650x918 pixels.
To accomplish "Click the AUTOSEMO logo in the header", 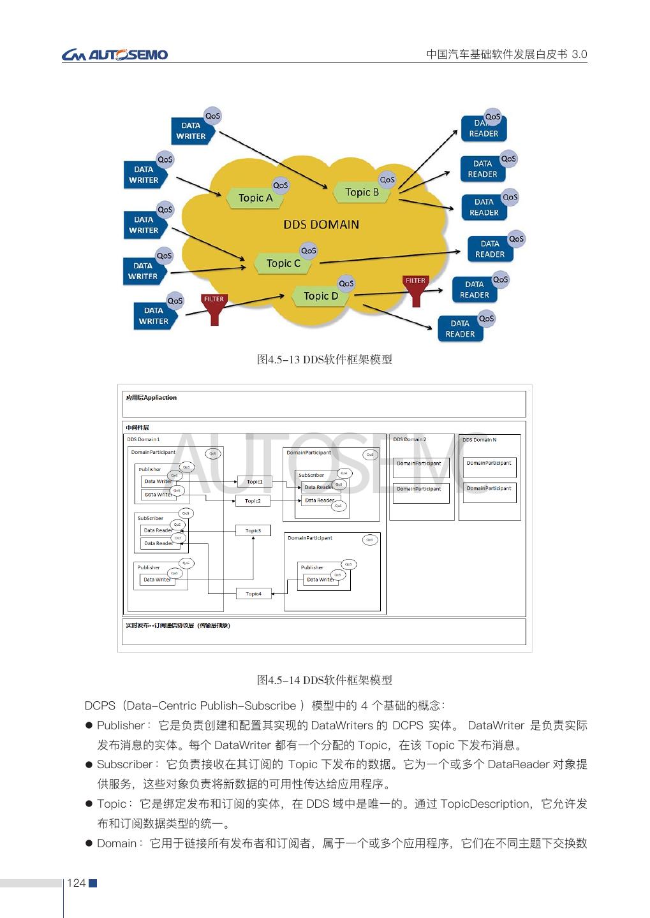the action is pos(115,55).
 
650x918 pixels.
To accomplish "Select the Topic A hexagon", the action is pos(255,198).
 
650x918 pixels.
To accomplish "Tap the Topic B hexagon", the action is pos(362,193).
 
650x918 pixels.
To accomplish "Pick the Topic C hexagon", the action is pos(283,263).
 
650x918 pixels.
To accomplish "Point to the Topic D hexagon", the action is pos(321,296).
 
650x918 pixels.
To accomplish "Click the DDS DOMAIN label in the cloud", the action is pos(321,224).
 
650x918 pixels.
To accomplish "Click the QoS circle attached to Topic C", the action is pos(309,251).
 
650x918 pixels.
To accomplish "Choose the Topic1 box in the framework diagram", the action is pos(255,482).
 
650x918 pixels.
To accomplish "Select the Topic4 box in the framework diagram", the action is pos(253,594).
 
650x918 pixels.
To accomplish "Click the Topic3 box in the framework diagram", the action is pos(253,530).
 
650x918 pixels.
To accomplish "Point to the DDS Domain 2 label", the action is pos(410,439).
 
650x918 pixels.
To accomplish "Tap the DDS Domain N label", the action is pos(479,439).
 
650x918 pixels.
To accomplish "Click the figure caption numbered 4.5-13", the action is pos(324,360).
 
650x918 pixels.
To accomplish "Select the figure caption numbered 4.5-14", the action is pos(324,680).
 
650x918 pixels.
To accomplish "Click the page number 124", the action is pos(76,883).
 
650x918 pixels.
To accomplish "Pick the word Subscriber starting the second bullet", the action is pos(124,764).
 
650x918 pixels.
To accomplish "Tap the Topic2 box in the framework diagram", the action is pos(253,501).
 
